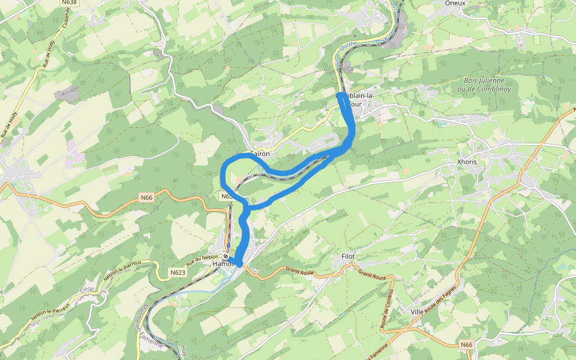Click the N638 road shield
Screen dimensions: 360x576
pyautogui.click(x=69, y=3)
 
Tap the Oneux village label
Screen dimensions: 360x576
pyautogui.click(x=455, y=3)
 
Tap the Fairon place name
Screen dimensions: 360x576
pyautogui.click(x=260, y=154)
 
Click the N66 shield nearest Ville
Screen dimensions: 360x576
pyautogui.click(x=467, y=344)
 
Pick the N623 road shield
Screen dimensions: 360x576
pyautogui.click(x=178, y=272)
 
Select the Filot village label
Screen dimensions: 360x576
pyautogui.click(x=348, y=256)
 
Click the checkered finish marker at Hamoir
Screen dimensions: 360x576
pyautogui.click(x=225, y=257)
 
